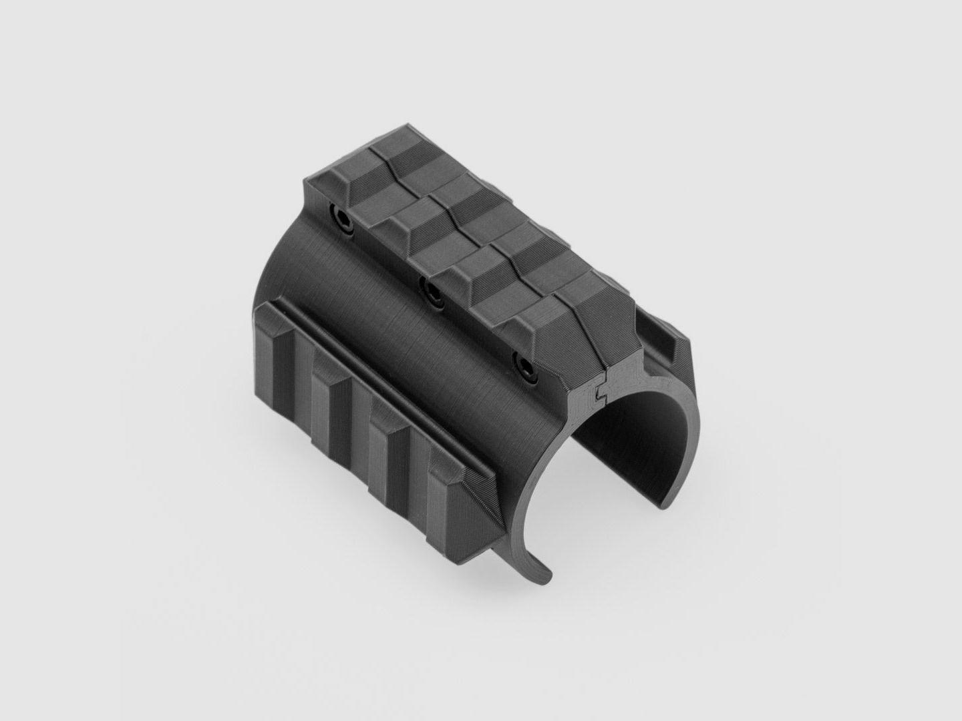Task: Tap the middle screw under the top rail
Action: pos(430,291)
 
